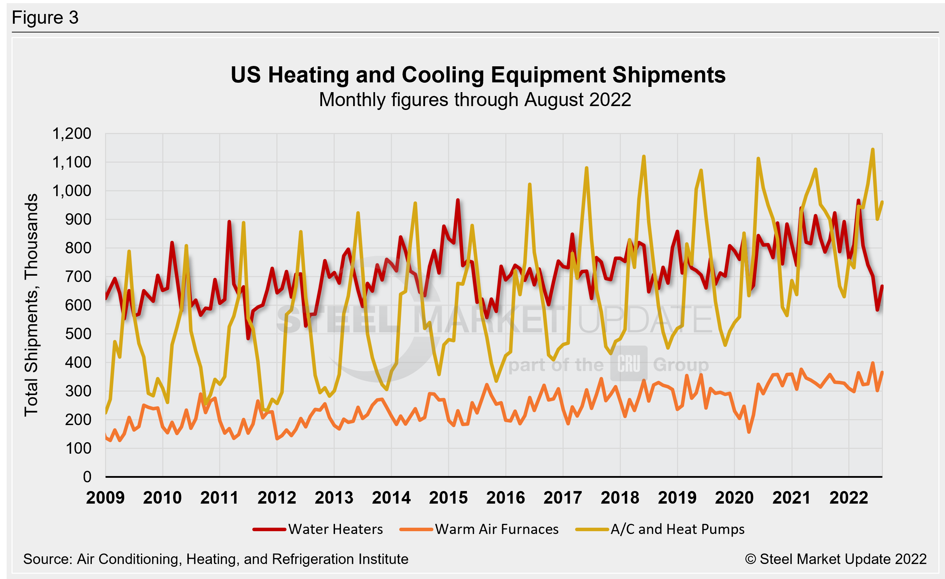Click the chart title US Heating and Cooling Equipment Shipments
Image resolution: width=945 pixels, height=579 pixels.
[x=478, y=75]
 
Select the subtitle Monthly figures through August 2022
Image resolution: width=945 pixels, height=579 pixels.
[x=475, y=100]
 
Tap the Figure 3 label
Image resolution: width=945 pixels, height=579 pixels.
[x=45, y=18]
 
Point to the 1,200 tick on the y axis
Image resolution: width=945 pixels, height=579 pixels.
[x=72, y=134]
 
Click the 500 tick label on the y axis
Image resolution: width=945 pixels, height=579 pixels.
[x=78, y=334]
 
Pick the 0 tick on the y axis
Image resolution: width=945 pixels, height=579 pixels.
[x=88, y=477]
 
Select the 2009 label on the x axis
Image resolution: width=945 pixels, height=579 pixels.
[x=105, y=498]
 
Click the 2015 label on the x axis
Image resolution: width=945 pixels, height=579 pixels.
[x=448, y=498]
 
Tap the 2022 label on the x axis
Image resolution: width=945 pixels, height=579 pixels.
[x=849, y=498]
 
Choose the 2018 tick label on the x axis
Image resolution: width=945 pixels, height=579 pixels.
[x=620, y=498]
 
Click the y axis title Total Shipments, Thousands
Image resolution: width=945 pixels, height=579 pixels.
[x=31, y=305]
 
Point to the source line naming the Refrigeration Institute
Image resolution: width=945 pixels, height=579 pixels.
[x=216, y=559]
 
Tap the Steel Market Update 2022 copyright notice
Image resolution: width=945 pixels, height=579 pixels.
[x=836, y=559]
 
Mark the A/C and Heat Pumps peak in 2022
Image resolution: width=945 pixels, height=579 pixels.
[x=873, y=149]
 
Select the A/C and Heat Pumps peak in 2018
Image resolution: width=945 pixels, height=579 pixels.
[x=644, y=156]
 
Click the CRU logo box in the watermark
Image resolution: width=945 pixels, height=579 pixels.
[x=629, y=364]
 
